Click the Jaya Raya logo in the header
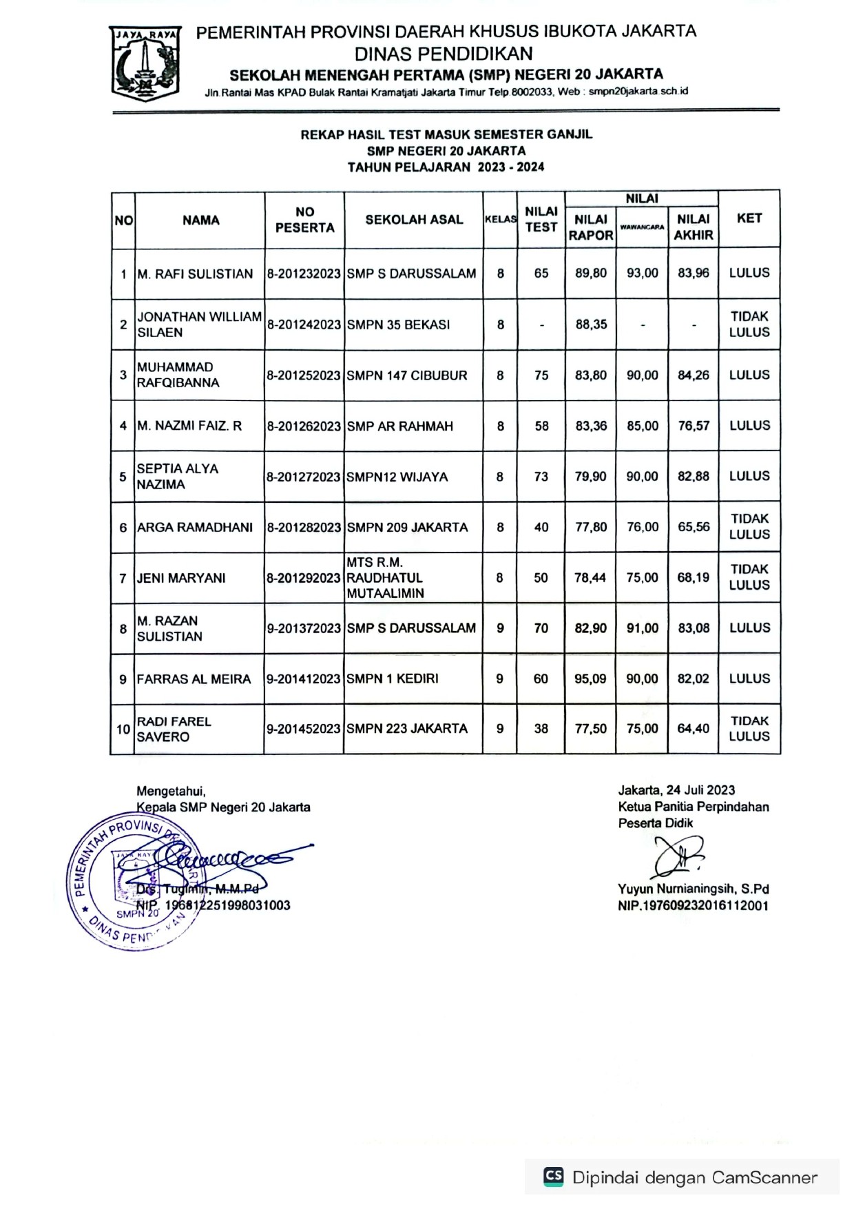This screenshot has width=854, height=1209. (145, 62)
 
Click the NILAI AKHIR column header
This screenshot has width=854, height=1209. (693, 227)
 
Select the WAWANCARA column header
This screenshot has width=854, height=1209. (642, 227)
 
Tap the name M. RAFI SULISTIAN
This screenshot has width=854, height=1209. (195, 274)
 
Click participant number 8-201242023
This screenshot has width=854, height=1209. (304, 324)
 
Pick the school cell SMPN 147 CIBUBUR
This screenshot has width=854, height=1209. (407, 375)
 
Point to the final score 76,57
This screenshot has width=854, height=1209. (693, 426)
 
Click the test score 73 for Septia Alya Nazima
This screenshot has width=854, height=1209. (541, 477)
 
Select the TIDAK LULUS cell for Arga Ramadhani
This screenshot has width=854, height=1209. (749, 527)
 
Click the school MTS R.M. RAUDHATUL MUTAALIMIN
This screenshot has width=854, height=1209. (384, 578)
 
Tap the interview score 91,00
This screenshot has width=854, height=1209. (642, 628)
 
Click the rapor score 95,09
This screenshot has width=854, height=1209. (590, 679)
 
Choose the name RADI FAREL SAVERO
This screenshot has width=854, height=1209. (174, 729)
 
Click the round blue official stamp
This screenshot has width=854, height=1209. (131, 882)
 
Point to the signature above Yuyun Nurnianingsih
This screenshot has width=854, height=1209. (678, 858)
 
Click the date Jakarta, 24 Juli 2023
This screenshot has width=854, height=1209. (676, 790)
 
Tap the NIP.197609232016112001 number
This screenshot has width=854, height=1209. (692, 906)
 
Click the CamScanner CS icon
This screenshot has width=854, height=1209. (553, 1176)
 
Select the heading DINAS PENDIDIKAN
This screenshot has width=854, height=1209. (444, 54)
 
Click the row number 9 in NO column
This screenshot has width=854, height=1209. (123, 679)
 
